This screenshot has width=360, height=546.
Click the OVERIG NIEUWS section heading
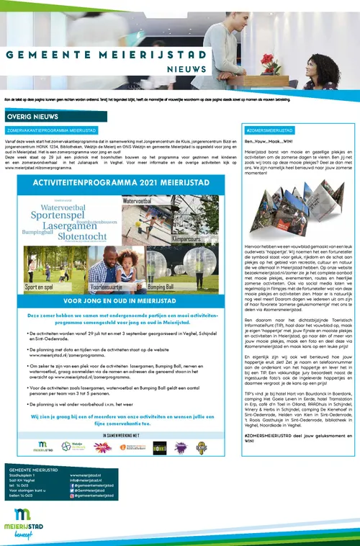pyautogui.click(x=32, y=115)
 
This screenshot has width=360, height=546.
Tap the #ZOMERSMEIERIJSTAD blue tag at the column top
pyautogui.click(x=269, y=130)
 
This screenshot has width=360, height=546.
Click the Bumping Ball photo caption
pyautogui.click(x=160, y=286)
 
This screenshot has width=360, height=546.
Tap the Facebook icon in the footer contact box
pyautogui.click(x=72, y=485)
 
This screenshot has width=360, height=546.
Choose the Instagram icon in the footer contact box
pyautogui.click(x=72, y=497)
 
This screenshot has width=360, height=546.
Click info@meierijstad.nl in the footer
pyautogui.click(x=86, y=480)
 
